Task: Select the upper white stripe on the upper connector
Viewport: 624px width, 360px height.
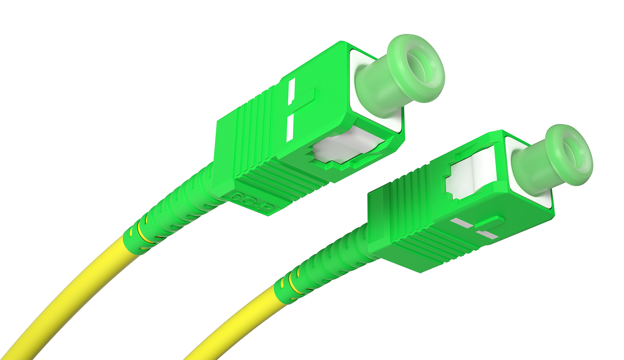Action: (291, 91)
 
